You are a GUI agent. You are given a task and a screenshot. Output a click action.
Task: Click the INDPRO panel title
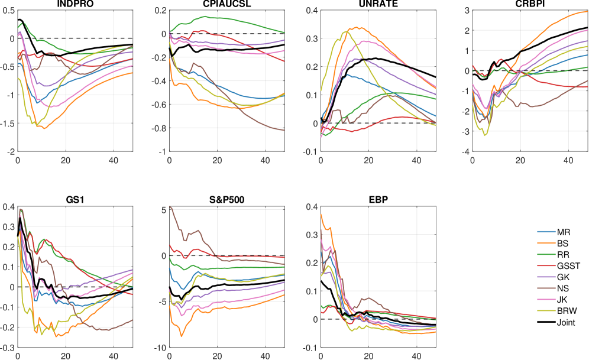(75, 4)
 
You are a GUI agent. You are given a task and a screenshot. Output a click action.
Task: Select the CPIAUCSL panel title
(226, 4)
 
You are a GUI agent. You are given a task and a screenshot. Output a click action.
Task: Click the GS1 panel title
(75, 200)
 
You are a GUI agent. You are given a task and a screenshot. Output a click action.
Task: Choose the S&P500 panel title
(226, 200)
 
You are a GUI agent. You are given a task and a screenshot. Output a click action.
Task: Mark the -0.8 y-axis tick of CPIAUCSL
(157, 128)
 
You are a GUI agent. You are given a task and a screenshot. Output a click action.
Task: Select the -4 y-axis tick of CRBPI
(465, 152)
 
